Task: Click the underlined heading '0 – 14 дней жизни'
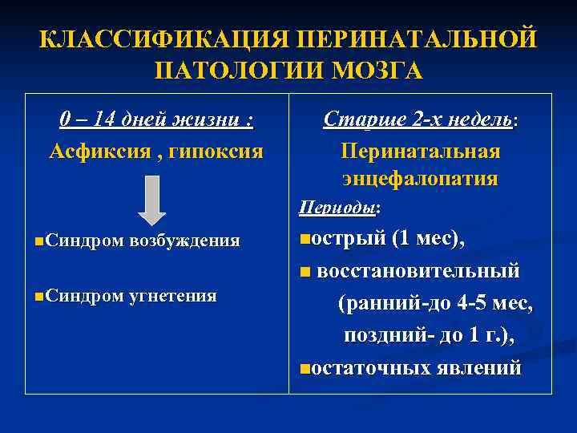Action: (x=155, y=120)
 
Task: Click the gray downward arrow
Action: (x=151, y=200)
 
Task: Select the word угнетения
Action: (x=173, y=296)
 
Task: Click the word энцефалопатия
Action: (x=420, y=178)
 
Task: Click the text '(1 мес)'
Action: (x=427, y=239)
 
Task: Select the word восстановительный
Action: (x=418, y=270)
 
